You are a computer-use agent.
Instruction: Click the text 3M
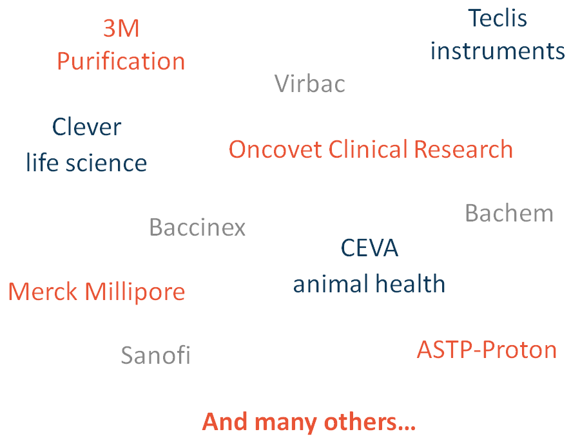coord(121,28)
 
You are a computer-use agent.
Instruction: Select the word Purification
coord(121,61)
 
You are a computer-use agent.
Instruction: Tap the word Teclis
coord(498,18)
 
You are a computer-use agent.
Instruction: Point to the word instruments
coord(498,51)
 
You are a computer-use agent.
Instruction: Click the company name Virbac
coord(309,84)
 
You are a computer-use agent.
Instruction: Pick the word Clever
coord(86,127)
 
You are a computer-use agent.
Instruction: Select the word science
coord(106,163)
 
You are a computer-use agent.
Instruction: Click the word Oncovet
coord(276,149)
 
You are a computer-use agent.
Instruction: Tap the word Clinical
coord(368,149)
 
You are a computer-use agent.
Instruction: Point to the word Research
coord(463,149)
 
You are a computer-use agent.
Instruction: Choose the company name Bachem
coord(509,213)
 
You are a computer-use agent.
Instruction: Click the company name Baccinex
coord(197,227)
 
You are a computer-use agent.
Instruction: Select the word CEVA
coord(369,248)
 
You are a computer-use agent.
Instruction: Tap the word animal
coord(331,284)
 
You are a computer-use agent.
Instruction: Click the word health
coord(410,283)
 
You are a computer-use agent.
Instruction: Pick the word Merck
coord(43,292)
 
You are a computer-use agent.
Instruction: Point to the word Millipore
coord(135,292)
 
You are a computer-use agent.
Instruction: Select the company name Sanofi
coord(155,355)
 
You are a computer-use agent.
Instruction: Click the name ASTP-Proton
coord(487,350)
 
